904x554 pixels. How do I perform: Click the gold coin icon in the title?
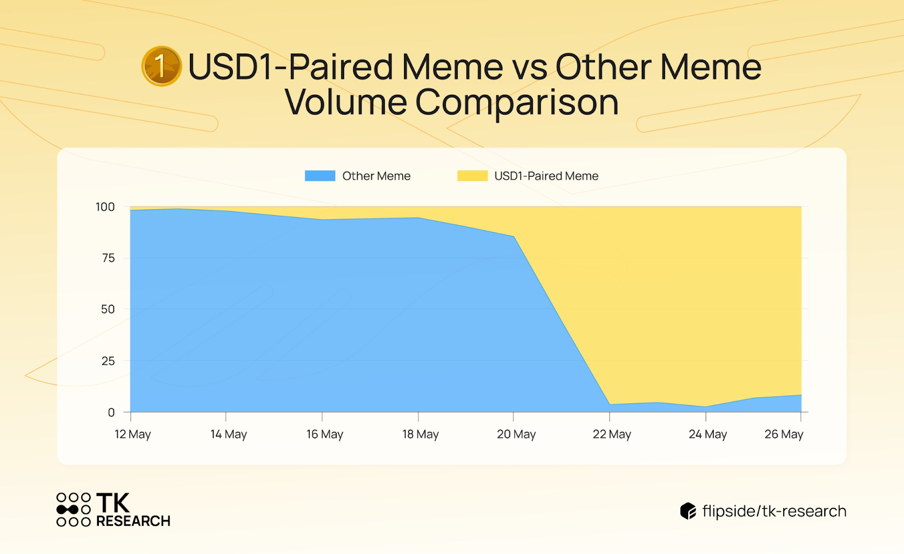(162, 66)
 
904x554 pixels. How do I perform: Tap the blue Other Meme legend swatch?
(320, 176)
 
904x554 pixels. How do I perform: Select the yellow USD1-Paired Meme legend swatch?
(472, 176)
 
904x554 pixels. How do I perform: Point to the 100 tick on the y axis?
(105, 207)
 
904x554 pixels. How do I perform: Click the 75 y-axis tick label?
(108, 258)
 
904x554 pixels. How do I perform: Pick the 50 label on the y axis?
(108, 309)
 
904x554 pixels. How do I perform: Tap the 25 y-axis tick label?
(108, 361)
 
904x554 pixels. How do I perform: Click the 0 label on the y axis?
(111, 412)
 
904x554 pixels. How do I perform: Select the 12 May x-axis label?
(133, 435)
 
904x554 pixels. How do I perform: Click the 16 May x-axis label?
(325, 435)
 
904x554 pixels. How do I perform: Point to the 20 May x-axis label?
(516, 435)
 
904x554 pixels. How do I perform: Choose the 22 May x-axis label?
(612, 435)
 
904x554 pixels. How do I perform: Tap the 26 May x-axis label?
(784, 435)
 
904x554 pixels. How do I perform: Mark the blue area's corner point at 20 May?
(514, 237)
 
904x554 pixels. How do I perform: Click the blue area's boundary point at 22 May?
(610, 404)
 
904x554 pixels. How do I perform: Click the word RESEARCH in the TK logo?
(133, 521)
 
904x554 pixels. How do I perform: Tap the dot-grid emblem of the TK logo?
(73, 509)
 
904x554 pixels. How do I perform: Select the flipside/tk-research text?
(775, 511)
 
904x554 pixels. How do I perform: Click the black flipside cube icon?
(688, 511)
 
